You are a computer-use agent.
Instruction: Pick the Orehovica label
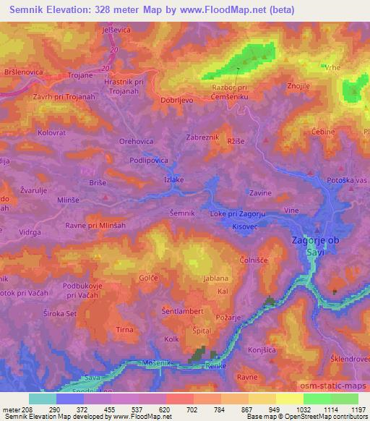coord(137,141)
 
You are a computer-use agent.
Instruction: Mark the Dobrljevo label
coord(177,101)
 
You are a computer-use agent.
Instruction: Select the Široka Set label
coord(60,314)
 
